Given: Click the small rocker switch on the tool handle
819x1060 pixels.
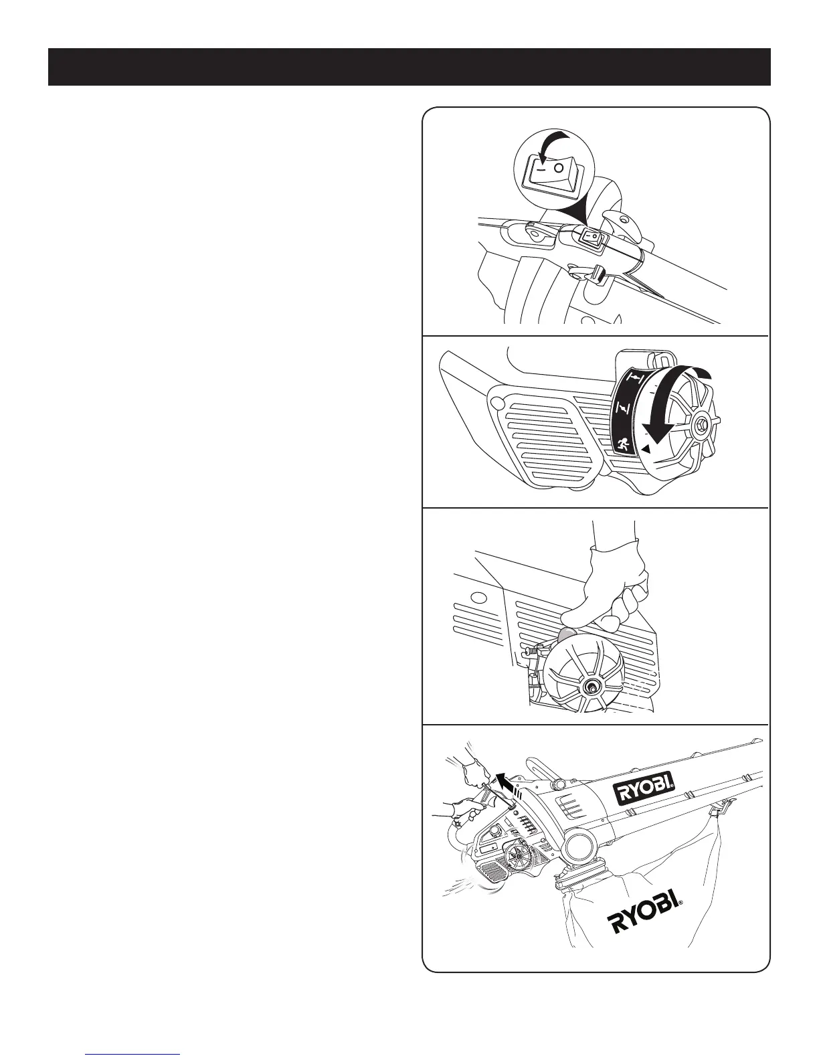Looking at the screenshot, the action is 590,237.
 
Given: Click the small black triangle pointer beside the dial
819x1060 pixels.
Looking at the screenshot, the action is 644,450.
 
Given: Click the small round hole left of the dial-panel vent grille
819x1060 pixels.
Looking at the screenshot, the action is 497,403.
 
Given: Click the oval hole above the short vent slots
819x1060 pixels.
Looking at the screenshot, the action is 476,597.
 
